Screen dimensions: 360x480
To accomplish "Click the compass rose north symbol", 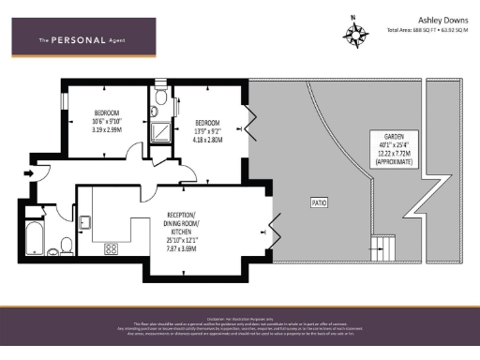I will pyautogui.click(x=355, y=34).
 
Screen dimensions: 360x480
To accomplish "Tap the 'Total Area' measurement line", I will pyautogui.click(x=427, y=30).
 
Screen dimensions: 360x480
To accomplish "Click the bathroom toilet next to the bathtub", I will pyautogui.click(x=66, y=246).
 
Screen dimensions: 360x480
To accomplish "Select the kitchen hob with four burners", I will pyautogui.click(x=112, y=249).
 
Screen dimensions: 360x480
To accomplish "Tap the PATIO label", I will pyautogui.click(x=319, y=202).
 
